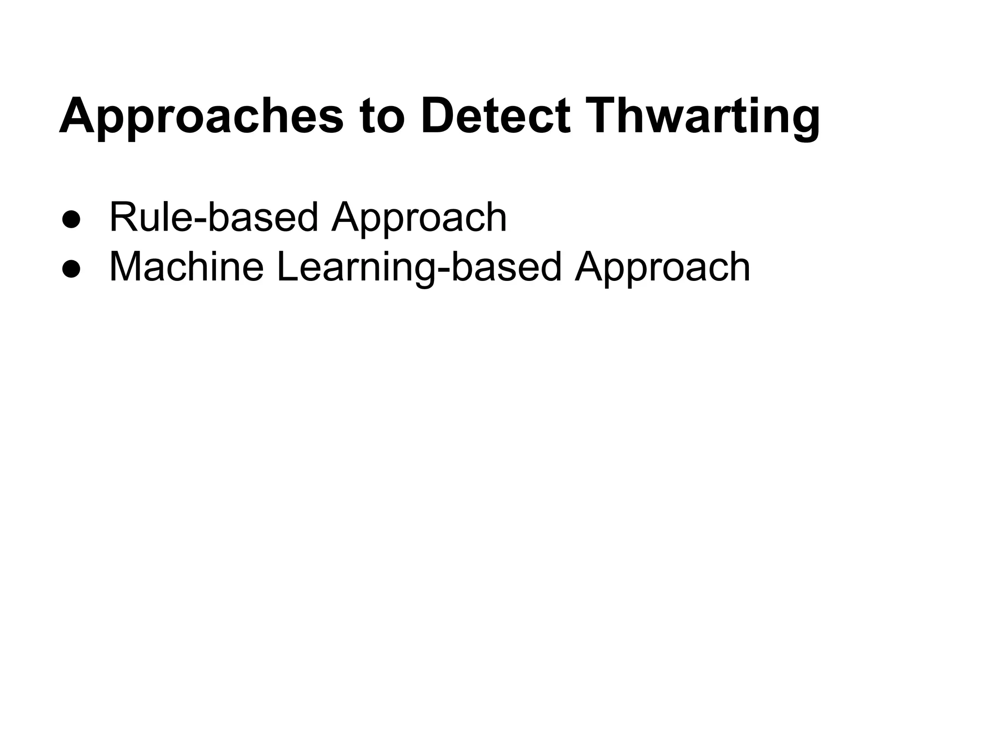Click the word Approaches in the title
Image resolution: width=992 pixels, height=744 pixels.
pos(201,117)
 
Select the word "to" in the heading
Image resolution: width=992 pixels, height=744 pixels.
pos(382,117)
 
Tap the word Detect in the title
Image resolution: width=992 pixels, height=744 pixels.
pos(496,117)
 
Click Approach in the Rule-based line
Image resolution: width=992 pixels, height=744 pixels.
pos(419,217)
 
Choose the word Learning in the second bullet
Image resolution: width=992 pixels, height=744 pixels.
pos(356,267)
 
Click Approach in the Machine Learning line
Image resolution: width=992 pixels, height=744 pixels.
pos(662,267)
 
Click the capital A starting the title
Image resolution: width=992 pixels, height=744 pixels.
pos(77,117)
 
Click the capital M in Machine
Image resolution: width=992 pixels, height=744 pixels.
pos(125,267)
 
